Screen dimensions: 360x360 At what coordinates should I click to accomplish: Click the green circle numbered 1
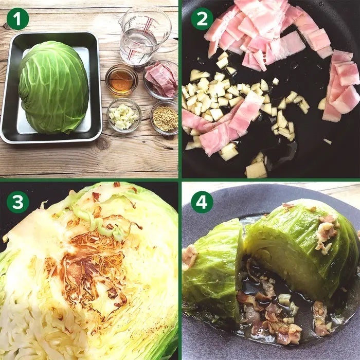pyautogui.click(x=17, y=19)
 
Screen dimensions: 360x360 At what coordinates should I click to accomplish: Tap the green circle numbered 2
pyautogui.click(x=202, y=19)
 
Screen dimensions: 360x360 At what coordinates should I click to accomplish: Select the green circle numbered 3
pyautogui.click(x=17, y=202)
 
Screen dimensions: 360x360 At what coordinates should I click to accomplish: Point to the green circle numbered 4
pyautogui.click(x=202, y=202)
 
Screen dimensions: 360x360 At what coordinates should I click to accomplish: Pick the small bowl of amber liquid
pyautogui.click(x=121, y=79)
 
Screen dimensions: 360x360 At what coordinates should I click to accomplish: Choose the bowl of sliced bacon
pyautogui.click(x=161, y=79)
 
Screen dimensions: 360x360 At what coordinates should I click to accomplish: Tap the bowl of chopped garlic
pyautogui.click(x=124, y=115)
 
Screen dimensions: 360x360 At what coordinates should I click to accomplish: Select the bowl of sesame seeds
pyautogui.click(x=165, y=118)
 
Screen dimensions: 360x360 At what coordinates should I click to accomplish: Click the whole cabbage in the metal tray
pyautogui.click(x=53, y=87)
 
